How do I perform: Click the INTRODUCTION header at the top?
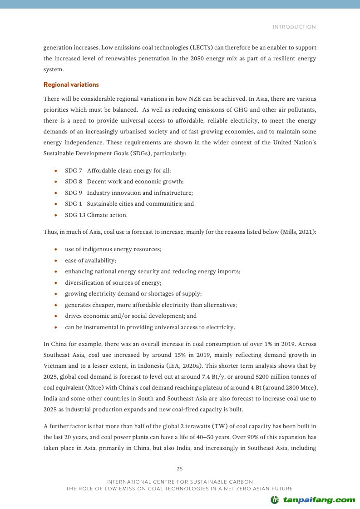click(x=294, y=27)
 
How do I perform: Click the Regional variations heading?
click(x=71, y=84)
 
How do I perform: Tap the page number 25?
click(x=179, y=469)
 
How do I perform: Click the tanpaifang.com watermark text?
click(x=319, y=500)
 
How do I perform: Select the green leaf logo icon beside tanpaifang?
click(x=275, y=500)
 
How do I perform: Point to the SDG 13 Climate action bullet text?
click(x=96, y=215)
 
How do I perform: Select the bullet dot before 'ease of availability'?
click(x=55, y=261)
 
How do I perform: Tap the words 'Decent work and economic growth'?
click(x=135, y=182)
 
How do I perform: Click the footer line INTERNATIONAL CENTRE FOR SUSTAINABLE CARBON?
click(x=179, y=481)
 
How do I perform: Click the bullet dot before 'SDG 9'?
click(x=55, y=193)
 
